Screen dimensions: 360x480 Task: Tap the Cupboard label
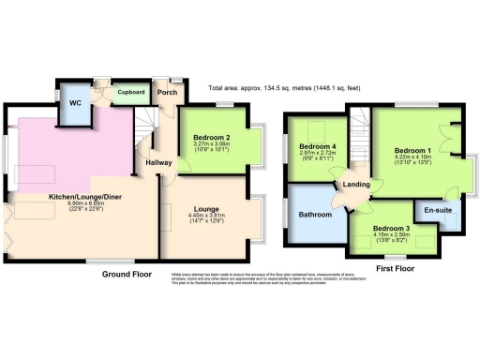[129, 93]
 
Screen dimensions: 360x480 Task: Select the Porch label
[168, 92]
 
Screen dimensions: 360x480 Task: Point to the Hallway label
[157, 162]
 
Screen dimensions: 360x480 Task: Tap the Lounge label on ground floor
[206, 209]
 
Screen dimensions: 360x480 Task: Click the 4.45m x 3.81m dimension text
[206, 216]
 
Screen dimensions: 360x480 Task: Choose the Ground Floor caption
[127, 275]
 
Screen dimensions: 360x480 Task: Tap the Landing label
[355, 183]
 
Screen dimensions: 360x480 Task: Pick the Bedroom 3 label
[392, 228]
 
